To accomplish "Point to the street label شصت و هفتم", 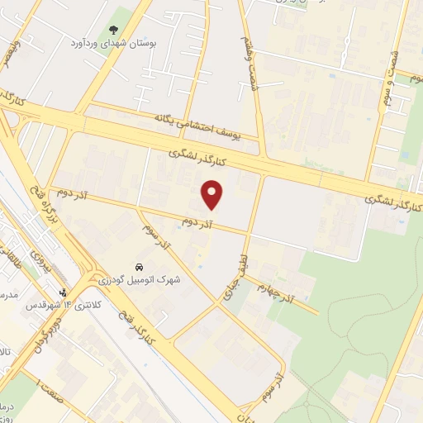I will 245,50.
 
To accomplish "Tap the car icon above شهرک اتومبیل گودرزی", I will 140,268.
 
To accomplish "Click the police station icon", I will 64,292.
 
